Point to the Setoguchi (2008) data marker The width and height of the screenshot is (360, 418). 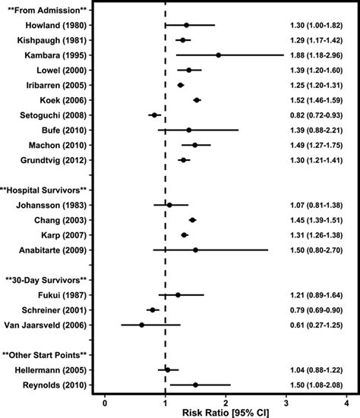(154, 116)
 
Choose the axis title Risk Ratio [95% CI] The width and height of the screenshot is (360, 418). (226, 412)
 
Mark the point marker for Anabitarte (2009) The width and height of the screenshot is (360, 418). (195, 250)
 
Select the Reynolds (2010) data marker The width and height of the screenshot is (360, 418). (195, 385)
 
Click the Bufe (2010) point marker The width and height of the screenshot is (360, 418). (189, 130)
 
